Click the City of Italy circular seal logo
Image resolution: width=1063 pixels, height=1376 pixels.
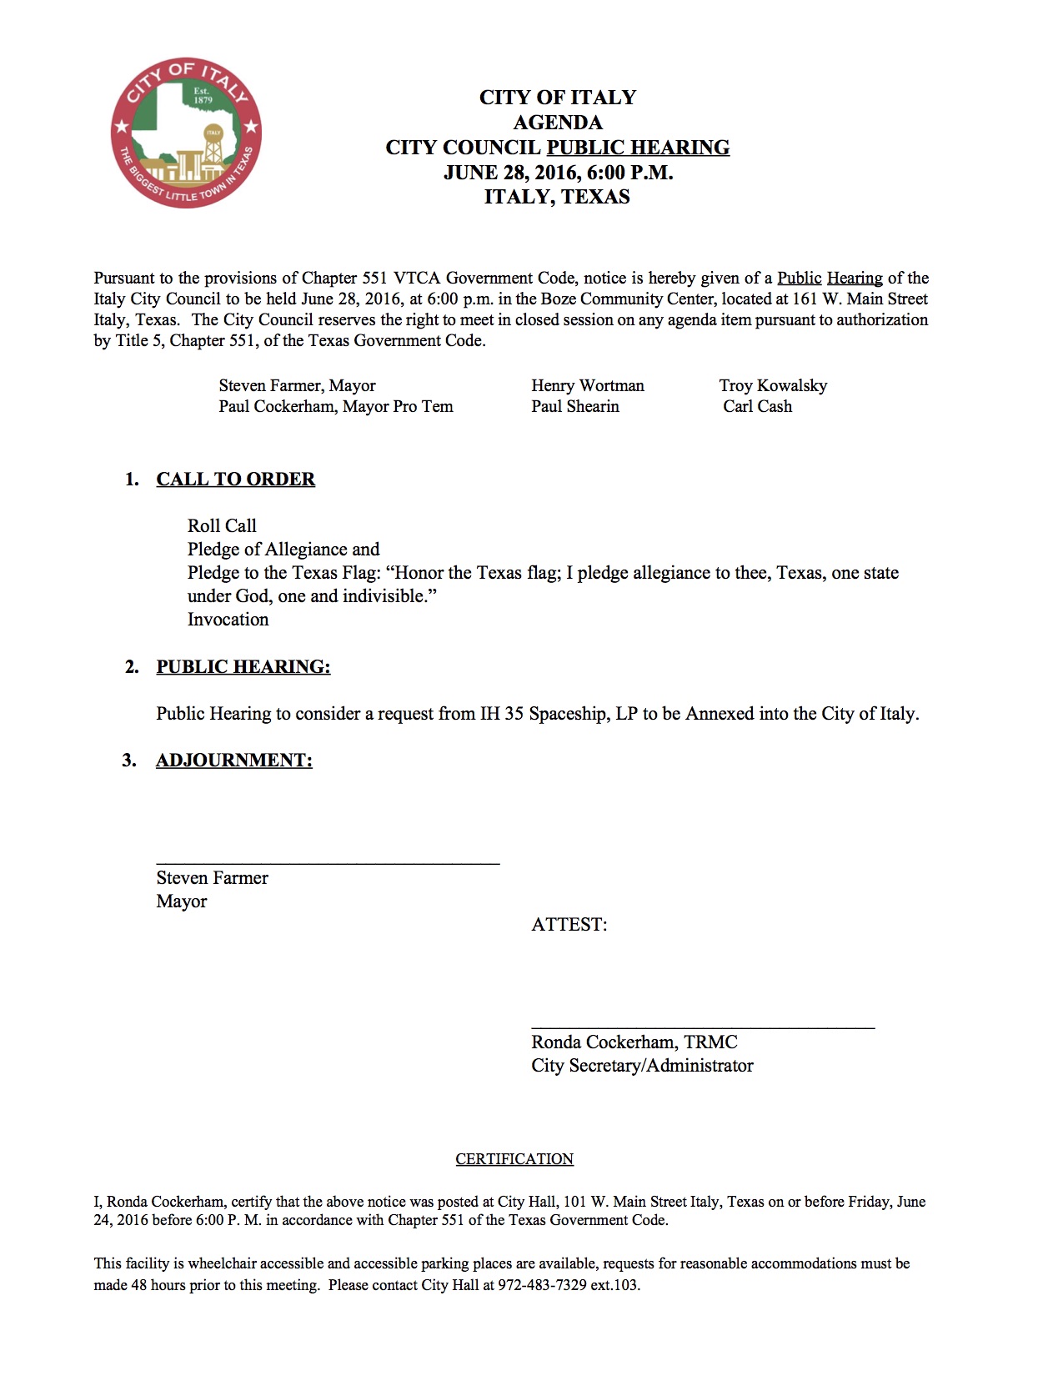pyautogui.click(x=186, y=133)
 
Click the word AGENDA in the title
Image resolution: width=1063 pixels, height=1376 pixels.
pyautogui.click(x=557, y=123)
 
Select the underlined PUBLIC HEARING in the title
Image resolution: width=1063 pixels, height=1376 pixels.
pyautogui.click(x=638, y=148)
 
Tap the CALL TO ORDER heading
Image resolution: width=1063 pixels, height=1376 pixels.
pyautogui.click(x=235, y=480)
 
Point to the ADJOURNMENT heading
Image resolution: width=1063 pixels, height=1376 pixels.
pyautogui.click(x=233, y=761)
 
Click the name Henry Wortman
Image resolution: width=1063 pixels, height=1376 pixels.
pyautogui.click(x=587, y=385)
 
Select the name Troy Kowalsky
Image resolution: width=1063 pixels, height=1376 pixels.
pyautogui.click(x=773, y=385)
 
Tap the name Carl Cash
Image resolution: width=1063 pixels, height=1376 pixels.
pyautogui.click(x=757, y=406)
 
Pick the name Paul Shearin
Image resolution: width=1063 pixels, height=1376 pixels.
pyautogui.click(x=575, y=406)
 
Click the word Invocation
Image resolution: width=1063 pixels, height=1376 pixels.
pyautogui.click(x=228, y=620)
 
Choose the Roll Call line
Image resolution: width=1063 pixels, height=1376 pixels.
pyautogui.click(x=222, y=526)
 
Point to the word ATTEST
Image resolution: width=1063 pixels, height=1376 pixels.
pyautogui.click(x=569, y=925)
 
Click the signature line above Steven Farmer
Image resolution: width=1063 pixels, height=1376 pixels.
pyautogui.click(x=328, y=863)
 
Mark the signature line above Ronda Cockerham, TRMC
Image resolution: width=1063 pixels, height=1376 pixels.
pyautogui.click(x=703, y=1027)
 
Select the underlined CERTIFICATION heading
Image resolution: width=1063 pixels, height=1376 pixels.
pyautogui.click(x=514, y=1159)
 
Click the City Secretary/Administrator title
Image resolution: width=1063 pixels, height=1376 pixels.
pyautogui.click(x=642, y=1066)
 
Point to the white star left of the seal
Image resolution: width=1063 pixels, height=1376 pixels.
pyautogui.click(x=122, y=128)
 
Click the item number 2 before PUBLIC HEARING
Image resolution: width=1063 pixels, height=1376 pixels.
pyautogui.click(x=132, y=667)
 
